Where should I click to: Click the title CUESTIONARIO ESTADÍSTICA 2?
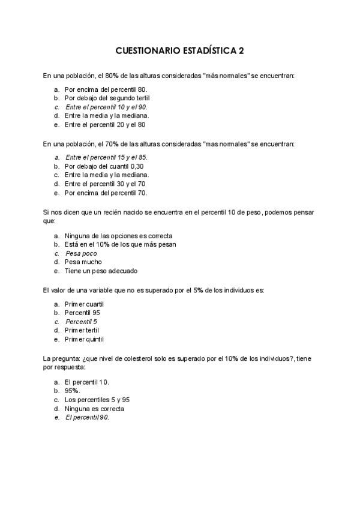[x=179, y=52]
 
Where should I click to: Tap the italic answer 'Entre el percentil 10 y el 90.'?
[x=106, y=107]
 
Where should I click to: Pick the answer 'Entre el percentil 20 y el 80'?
[x=105, y=125]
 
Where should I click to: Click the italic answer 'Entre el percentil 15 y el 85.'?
[x=106, y=157]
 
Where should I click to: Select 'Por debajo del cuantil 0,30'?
[x=104, y=166]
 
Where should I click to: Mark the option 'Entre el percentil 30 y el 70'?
[x=105, y=184]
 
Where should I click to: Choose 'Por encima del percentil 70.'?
[x=106, y=193]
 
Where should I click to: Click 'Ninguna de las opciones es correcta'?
[x=114, y=236]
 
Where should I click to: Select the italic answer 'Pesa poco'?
[x=81, y=253]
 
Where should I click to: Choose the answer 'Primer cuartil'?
[x=88, y=304]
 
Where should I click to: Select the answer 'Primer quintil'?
[x=87, y=339]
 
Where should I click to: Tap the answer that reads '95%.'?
[x=73, y=391]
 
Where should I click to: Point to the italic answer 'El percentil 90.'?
[x=87, y=417]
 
